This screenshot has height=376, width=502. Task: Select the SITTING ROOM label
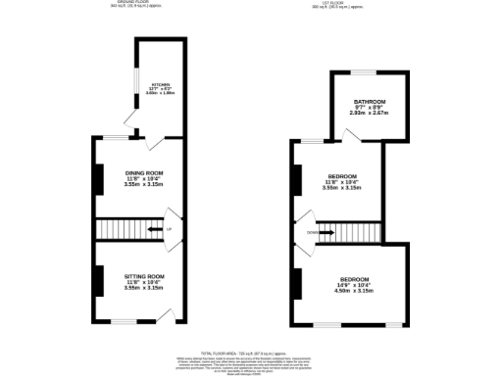143,276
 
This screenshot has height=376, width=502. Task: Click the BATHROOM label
369,102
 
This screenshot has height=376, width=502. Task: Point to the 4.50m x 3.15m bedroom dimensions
354,291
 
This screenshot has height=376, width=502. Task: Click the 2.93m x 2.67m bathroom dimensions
369,113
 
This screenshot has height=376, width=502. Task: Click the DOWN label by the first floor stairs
311,233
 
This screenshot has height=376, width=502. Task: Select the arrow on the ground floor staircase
153,230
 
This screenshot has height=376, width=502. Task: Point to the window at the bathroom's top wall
367,71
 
